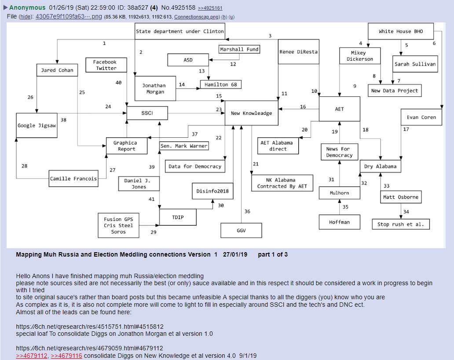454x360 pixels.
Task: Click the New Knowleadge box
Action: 252,113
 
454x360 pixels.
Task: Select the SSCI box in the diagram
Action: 147,113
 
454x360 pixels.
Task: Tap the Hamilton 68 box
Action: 221,84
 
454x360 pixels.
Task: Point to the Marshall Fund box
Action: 239,49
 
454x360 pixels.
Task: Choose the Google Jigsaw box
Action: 37,125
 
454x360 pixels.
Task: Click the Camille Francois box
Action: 73,179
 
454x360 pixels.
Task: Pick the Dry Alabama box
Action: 381,166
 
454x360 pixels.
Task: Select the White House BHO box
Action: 401,31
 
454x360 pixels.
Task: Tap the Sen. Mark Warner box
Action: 184,146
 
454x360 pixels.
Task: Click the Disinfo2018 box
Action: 213,191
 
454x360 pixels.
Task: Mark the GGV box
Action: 241,230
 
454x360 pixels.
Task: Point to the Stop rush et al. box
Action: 401,224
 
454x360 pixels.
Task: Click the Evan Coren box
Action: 421,118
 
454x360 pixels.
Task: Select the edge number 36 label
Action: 247,212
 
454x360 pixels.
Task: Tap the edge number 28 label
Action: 24,166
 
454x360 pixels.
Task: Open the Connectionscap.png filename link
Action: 197,17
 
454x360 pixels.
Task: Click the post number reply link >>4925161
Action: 210,8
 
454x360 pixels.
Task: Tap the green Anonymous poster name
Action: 27,7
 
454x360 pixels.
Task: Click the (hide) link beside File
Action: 26,17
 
